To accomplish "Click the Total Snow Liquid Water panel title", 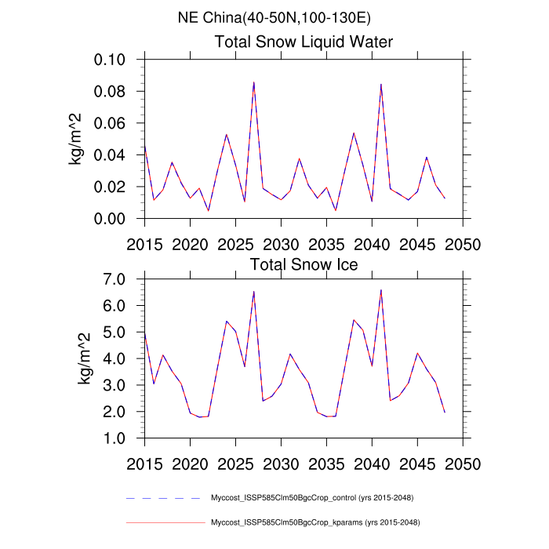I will click(x=304, y=42).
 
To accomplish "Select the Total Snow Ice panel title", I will click(x=304, y=264).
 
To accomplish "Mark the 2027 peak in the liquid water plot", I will click(x=253, y=82).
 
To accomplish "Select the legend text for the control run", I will click(x=312, y=498).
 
